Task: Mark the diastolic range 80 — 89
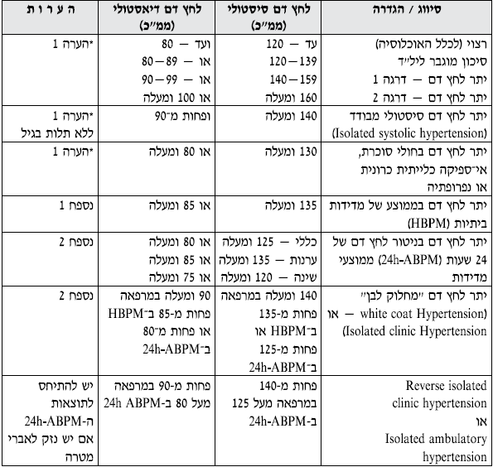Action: point(162,62)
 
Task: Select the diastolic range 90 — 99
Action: point(162,79)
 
